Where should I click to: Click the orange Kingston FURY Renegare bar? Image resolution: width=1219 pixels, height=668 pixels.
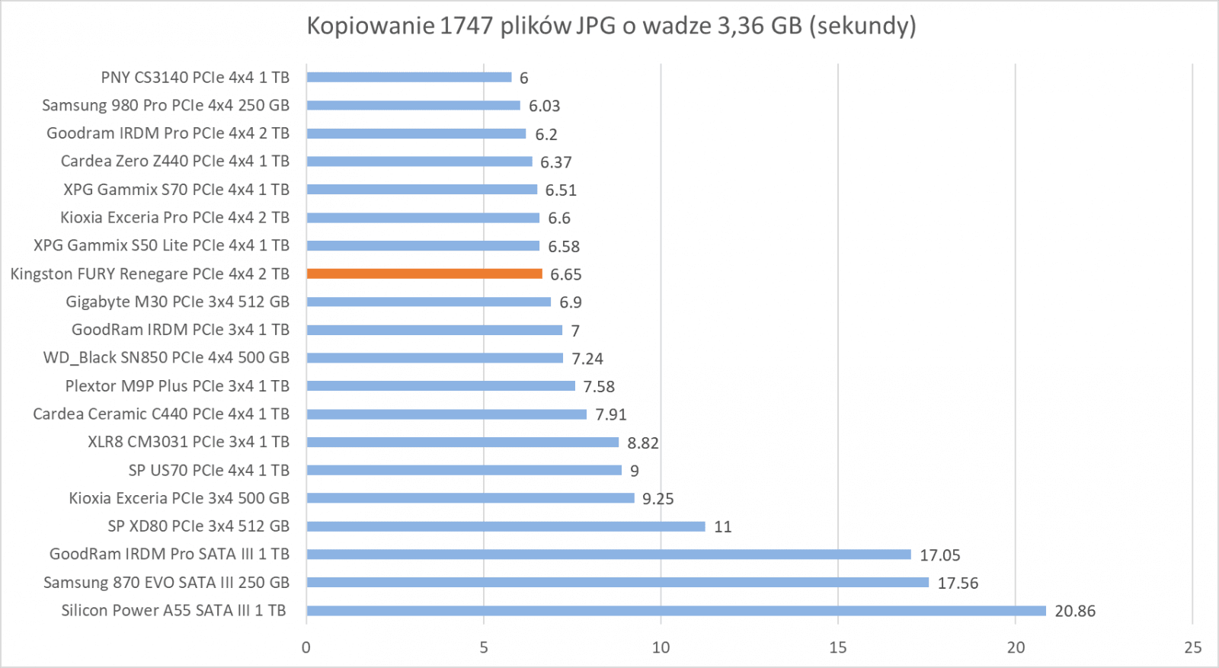[x=424, y=273]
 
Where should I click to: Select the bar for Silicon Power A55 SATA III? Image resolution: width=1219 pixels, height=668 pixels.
[x=676, y=611]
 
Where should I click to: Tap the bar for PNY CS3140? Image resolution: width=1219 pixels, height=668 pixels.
[x=409, y=77]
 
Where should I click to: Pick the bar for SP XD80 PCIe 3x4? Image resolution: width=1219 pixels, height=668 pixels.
[x=506, y=526]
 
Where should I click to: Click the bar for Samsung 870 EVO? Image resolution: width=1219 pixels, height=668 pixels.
[x=618, y=583]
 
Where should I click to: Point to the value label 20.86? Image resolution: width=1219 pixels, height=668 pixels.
[x=1075, y=611]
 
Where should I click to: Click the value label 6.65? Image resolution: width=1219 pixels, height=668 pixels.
[x=566, y=274]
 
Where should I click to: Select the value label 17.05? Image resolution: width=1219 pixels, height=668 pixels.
[x=940, y=555]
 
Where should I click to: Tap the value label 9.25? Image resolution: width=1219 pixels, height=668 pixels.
[x=658, y=499]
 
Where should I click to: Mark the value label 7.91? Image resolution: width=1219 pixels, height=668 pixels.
[x=611, y=414]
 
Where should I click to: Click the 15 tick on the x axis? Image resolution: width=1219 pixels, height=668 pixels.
[x=838, y=647]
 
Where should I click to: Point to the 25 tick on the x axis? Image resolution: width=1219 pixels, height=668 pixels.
[x=1193, y=647]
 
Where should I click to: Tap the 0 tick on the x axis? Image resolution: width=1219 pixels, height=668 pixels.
[x=306, y=647]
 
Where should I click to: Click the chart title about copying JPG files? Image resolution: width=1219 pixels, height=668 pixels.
[x=611, y=26]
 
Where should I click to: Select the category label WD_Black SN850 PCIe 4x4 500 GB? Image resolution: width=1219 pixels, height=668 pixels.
[x=166, y=357]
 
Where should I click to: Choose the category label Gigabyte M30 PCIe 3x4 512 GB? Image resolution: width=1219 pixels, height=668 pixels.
[x=178, y=302]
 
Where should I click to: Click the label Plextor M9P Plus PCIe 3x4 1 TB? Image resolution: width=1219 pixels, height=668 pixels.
[x=178, y=385]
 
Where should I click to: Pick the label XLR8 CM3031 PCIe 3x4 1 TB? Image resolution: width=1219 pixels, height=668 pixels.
[x=188, y=442]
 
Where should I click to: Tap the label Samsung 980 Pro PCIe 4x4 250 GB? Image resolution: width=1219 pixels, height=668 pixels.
[x=165, y=105]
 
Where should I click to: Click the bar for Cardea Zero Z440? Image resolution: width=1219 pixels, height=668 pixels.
[x=420, y=161]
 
